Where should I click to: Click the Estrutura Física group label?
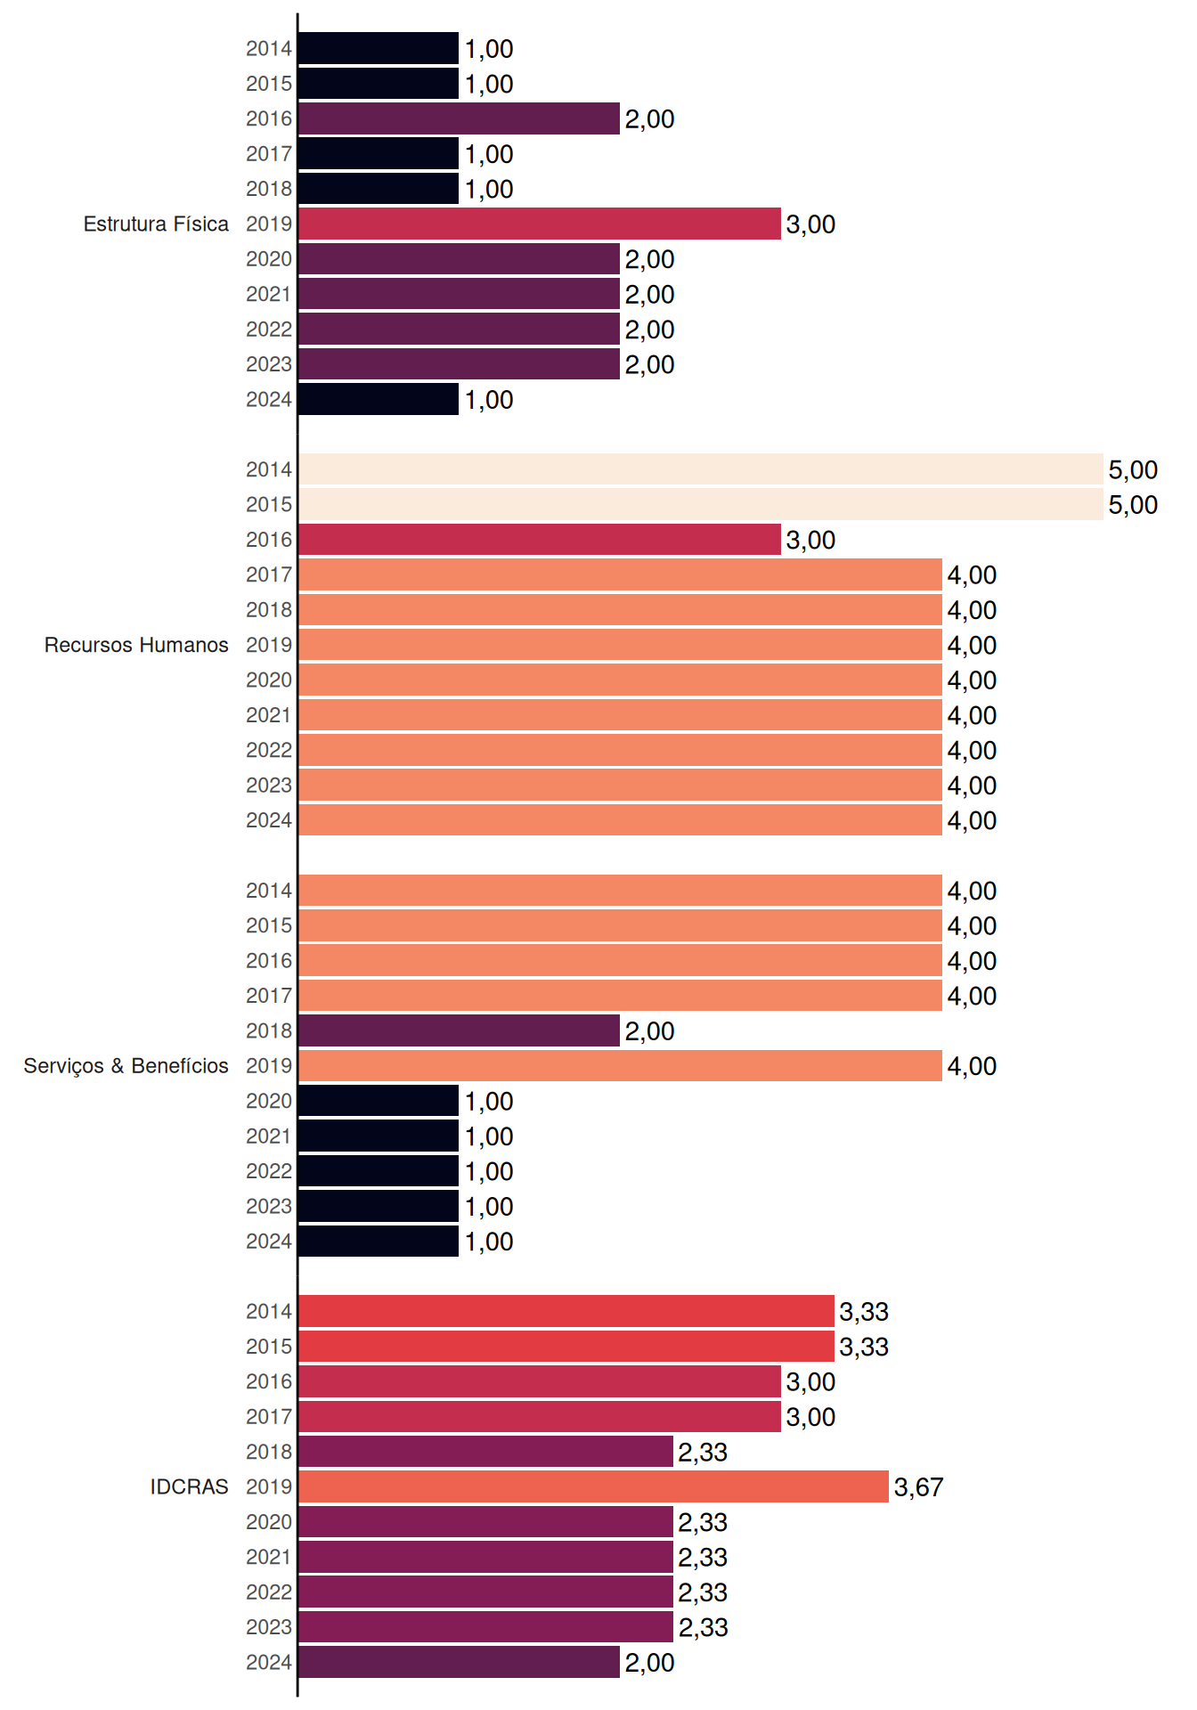(156, 224)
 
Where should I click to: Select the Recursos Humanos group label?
(136, 645)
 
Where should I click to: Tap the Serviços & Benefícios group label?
(126, 1066)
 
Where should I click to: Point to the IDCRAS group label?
(189, 1486)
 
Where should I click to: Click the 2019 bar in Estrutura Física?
(540, 224)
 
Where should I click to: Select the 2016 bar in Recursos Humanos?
(540, 540)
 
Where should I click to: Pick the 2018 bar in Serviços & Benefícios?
(460, 1030)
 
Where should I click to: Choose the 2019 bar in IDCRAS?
(594, 1486)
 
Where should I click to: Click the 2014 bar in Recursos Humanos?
(701, 469)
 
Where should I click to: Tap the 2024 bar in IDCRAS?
(460, 1662)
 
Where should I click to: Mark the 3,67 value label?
(918, 1487)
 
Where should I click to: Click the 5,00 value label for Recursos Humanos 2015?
(1133, 505)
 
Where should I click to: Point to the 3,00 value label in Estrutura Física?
(810, 224)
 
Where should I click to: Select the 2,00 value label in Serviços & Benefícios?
(649, 1031)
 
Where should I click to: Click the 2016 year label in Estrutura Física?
(269, 118)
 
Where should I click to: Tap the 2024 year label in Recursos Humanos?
(269, 820)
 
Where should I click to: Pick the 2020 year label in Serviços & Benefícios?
(269, 1101)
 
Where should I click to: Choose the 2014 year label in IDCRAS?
(269, 1311)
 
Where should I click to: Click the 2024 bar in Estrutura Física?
(379, 399)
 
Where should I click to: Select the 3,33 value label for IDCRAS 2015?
(864, 1347)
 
